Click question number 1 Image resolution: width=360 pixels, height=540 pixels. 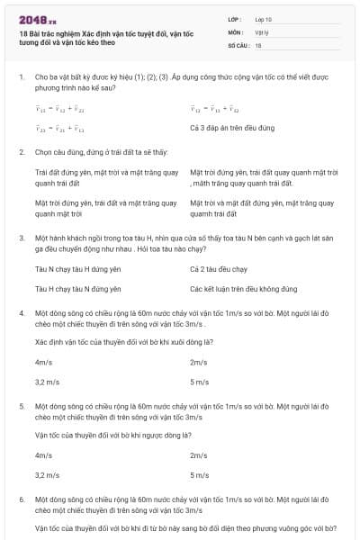(22, 78)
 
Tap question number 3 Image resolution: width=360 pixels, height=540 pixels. (22, 238)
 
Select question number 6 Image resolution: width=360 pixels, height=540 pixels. (22, 498)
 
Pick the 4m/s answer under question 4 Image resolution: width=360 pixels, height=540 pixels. (43, 362)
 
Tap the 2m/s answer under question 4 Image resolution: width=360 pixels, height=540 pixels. (199, 362)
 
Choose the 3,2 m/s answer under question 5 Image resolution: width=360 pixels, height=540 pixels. (46, 473)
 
